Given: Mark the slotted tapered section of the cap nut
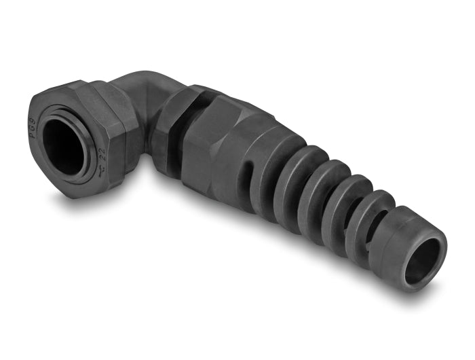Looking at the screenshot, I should click(x=251, y=170).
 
